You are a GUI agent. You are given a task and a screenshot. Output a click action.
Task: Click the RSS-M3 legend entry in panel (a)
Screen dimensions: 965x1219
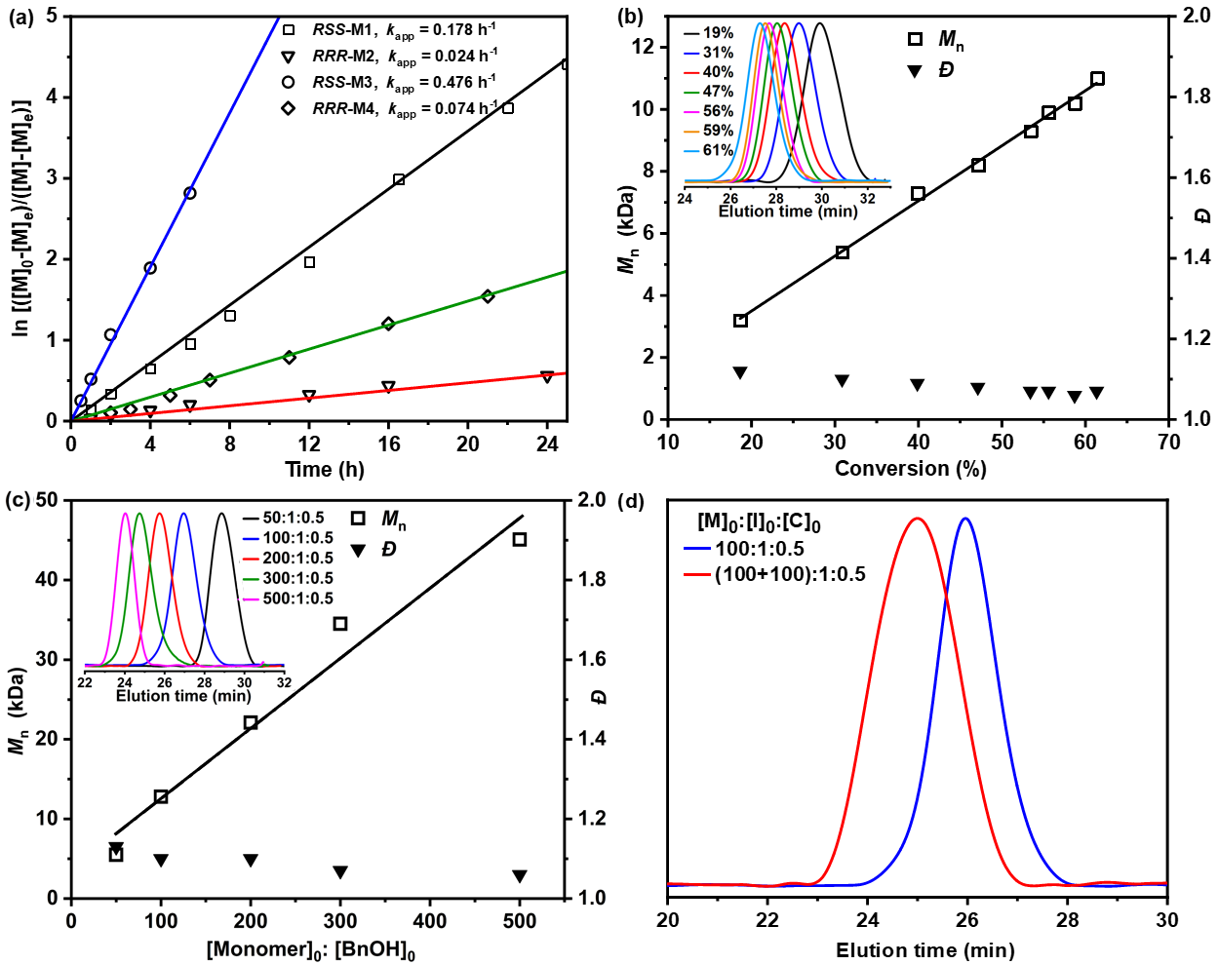click(390, 82)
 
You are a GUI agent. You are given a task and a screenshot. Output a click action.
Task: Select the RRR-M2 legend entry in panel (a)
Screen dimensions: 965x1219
click(390, 57)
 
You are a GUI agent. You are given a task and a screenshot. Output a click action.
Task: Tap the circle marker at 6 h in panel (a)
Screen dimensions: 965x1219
click(190, 193)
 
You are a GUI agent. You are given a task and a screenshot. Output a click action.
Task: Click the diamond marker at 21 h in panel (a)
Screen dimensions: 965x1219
click(488, 296)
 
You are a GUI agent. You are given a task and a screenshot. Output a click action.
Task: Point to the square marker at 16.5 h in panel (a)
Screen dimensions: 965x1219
click(399, 179)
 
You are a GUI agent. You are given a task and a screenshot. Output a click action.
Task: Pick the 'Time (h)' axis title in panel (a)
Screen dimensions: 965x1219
click(325, 469)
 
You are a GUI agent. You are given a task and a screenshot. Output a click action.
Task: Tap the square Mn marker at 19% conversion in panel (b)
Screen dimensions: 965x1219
click(740, 321)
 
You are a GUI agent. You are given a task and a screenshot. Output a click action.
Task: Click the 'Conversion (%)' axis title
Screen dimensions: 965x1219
click(911, 469)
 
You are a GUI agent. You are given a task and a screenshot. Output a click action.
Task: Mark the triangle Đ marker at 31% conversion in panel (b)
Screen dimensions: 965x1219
click(843, 381)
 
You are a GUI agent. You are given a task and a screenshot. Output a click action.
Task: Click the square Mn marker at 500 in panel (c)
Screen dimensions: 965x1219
click(520, 539)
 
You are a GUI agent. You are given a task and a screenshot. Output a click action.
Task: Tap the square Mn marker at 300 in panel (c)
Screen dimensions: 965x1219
click(340, 624)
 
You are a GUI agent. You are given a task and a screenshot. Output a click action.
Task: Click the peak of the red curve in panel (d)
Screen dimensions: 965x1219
click(917, 519)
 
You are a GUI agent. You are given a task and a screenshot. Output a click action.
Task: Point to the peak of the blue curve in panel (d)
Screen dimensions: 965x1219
click(965, 519)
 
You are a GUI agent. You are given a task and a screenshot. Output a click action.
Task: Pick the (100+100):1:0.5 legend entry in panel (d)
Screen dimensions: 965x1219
click(790, 575)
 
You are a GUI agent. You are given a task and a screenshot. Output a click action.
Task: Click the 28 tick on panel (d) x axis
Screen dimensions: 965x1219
click(1067, 919)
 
